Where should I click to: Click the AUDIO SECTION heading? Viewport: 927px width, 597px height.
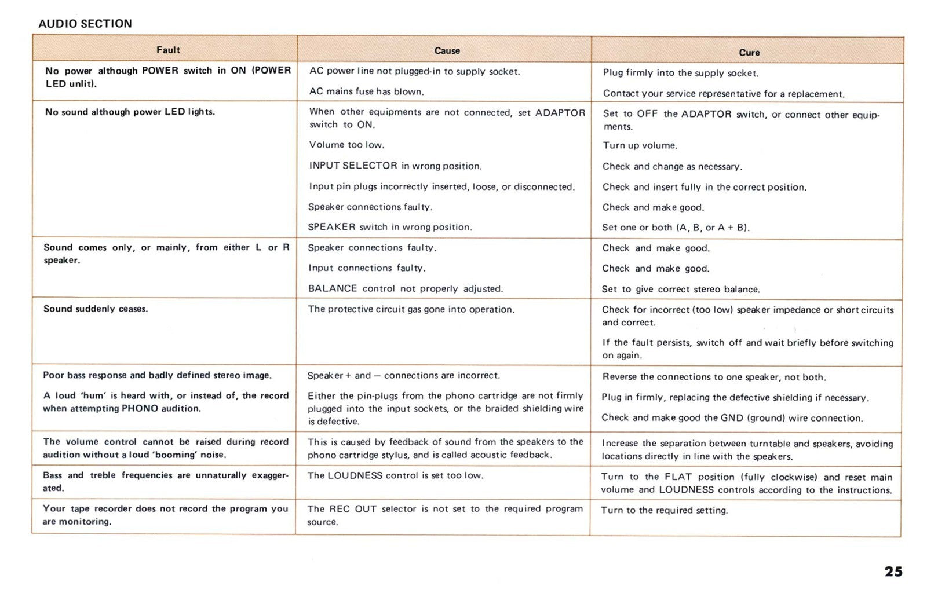tap(85, 24)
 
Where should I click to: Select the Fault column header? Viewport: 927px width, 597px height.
tap(168, 50)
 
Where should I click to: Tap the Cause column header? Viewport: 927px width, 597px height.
tap(447, 51)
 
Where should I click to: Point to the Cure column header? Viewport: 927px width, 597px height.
tap(749, 53)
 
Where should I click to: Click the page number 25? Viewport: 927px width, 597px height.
tap(893, 572)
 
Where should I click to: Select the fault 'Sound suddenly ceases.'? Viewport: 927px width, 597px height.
tap(96, 309)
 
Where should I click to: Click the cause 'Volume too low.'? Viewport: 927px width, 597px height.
tap(346, 145)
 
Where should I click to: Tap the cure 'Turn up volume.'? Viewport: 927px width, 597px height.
tap(640, 146)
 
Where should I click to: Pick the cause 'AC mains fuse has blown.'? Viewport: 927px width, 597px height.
tap(366, 91)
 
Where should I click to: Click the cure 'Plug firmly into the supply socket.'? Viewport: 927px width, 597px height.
tap(680, 73)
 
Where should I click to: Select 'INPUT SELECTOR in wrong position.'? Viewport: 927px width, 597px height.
tap(395, 166)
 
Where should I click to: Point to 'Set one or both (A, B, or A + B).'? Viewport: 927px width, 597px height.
tap(676, 228)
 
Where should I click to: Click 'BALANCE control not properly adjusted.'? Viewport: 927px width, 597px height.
tap(406, 288)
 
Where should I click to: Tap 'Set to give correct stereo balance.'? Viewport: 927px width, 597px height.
tap(680, 290)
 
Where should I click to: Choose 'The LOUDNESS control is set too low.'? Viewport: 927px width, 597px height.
tap(395, 475)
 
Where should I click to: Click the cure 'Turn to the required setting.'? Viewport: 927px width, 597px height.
tap(664, 510)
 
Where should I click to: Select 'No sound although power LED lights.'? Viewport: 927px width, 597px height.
tap(130, 112)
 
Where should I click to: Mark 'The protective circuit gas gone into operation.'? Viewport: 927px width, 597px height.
tap(411, 309)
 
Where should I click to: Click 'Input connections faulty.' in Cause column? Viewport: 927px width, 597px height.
tap(367, 268)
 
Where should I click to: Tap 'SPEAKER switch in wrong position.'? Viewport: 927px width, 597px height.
tap(390, 227)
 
